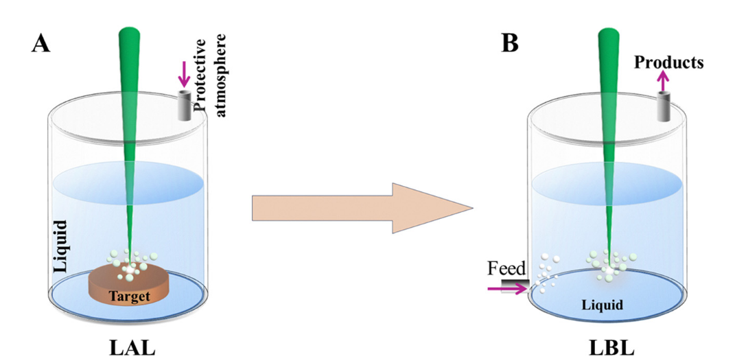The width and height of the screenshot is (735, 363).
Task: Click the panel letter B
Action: (x=510, y=43)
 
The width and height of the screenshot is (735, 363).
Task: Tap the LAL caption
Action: (x=132, y=347)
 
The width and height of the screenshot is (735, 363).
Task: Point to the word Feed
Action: (x=505, y=268)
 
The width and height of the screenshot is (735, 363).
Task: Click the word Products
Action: (x=668, y=62)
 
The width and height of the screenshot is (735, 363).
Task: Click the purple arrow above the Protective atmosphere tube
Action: (x=183, y=73)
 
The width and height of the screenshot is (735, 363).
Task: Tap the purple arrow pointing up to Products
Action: (x=663, y=82)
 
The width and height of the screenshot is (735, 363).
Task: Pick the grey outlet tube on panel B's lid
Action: (x=663, y=106)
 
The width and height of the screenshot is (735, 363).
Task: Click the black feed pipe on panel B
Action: (x=511, y=283)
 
